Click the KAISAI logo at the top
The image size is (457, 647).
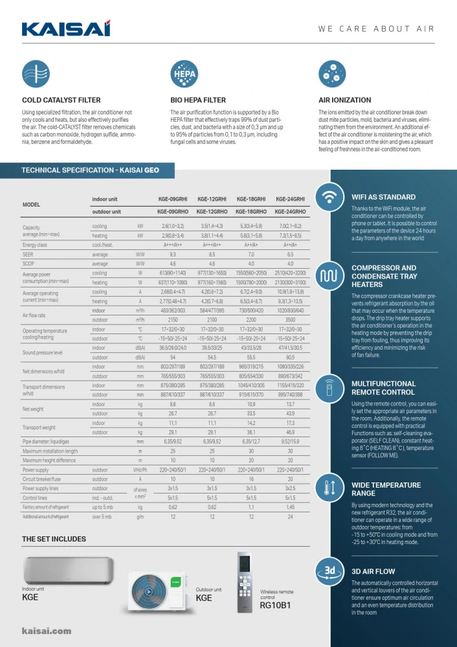click(66, 28)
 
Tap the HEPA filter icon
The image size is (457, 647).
click(184, 74)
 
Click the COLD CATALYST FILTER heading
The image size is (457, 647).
click(61, 100)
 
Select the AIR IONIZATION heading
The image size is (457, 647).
click(344, 100)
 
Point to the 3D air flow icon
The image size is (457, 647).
click(329, 572)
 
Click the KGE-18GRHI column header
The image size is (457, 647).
click(251, 199)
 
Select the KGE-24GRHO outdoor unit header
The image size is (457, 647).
click(291, 212)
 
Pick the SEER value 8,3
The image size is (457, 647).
click(173, 255)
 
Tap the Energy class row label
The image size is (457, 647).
click(35, 245)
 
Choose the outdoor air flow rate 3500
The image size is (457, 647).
click(291, 319)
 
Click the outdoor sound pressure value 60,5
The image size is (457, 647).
click(291, 357)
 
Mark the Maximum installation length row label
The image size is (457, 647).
click(50, 451)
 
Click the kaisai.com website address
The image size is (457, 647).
click(47, 631)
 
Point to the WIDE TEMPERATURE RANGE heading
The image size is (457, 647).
click(386, 489)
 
